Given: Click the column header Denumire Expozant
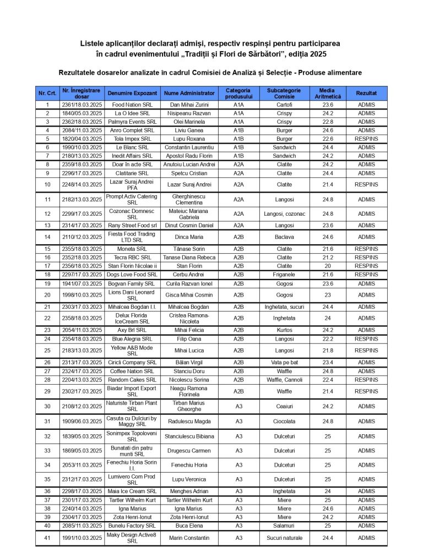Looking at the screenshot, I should tap(132, 93).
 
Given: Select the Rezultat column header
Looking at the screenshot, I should tap(366, 93).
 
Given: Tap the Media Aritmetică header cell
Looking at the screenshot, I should tap(328, 93).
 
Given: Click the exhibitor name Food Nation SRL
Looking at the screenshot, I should tap(132, 105).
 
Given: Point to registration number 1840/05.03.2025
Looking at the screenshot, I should tap(82, 113).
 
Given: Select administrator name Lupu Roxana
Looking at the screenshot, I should tap(189, 139).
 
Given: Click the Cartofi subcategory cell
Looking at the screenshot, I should tap(284, 105).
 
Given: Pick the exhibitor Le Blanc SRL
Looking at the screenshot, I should tap(132, 147).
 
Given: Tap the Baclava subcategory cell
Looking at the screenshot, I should tap(284, 237).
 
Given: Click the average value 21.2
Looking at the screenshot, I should tap(328, 258).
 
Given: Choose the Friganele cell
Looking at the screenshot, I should tap(284, 275).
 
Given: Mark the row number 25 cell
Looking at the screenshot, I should tap(47, 351).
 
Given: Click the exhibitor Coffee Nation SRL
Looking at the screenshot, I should tap(132, 371).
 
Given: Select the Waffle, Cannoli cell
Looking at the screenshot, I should tap(284, 380).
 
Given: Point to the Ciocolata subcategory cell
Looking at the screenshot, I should tap(284, 422).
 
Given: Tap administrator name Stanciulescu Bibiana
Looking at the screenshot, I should tap(189, 436).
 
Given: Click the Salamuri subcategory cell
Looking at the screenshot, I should tap(284, 526).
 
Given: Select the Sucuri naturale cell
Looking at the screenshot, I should tap(284, 538).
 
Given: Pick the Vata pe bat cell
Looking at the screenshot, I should tap(284, 363).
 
